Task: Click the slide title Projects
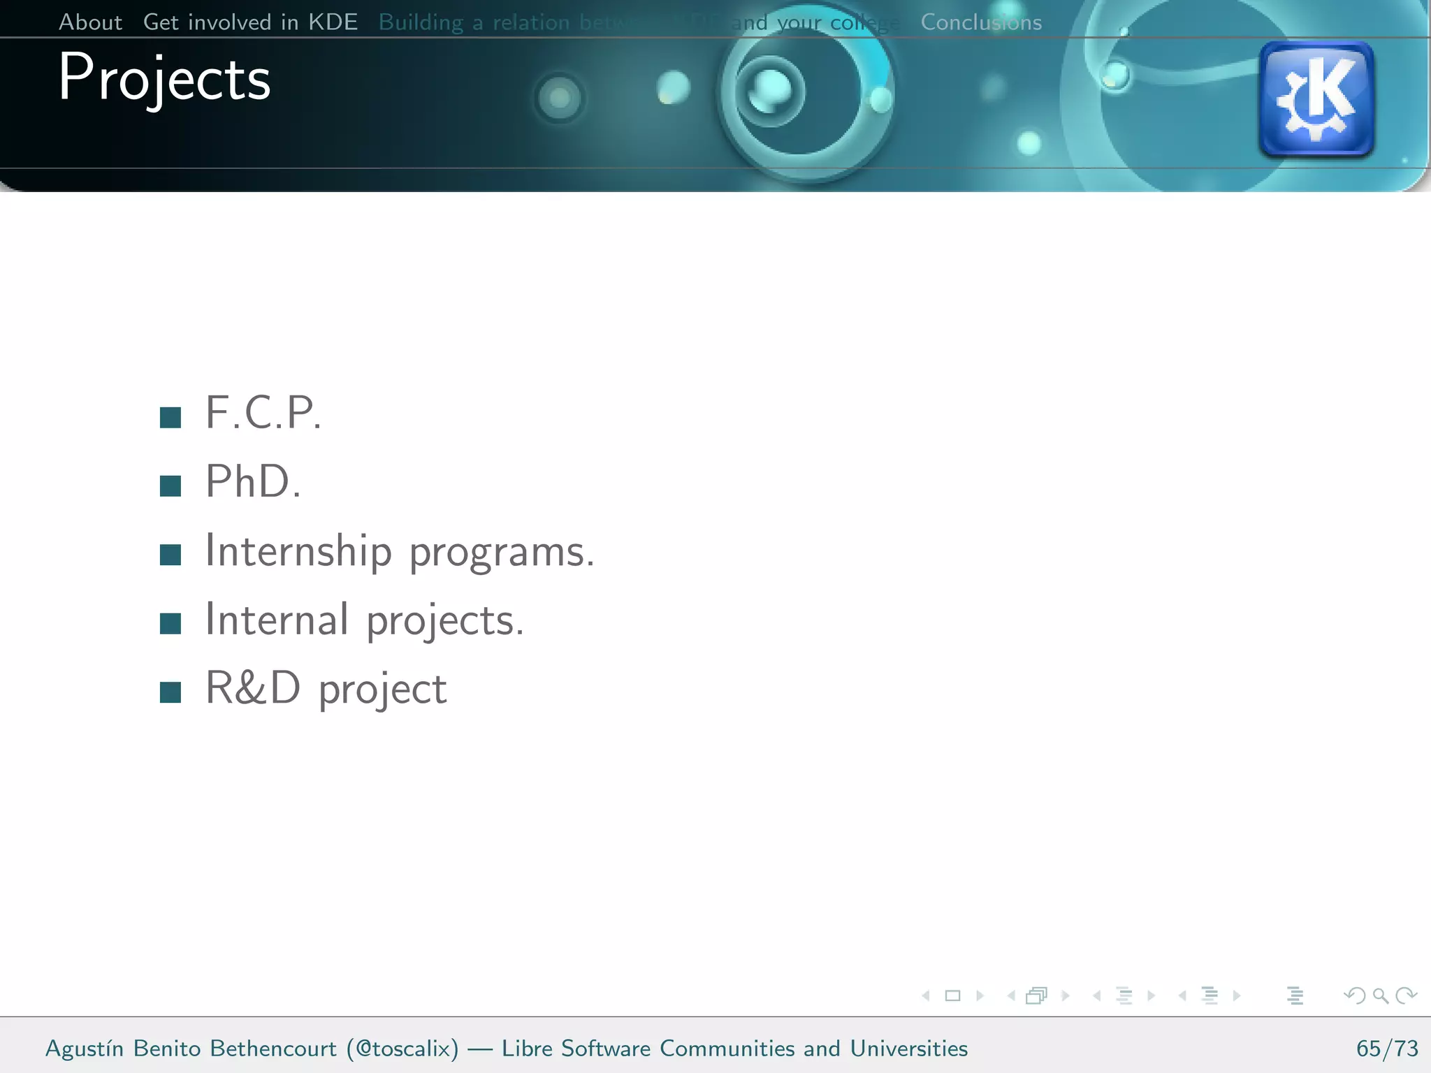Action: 164,78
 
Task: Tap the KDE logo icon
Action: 1316,98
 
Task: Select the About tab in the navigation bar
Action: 90,22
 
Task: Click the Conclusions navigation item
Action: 981,22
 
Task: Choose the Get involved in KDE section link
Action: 250,22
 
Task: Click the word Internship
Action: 298,551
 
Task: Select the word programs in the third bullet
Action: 501,553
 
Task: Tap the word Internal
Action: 277,620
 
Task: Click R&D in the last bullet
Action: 253,688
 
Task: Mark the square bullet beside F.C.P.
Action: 170,418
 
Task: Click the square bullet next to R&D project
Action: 170,692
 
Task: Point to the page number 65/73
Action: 1387,1049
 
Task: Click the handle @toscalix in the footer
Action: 403,1049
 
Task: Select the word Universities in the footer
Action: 908,1049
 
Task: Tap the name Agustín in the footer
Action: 85,1049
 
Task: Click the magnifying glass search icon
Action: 1380,995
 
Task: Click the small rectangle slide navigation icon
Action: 952,995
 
